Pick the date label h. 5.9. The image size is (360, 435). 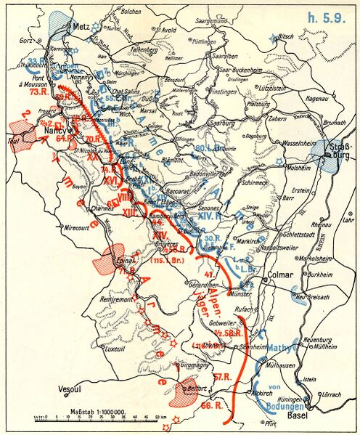[323, 15]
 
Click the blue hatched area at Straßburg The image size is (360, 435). [332, 156]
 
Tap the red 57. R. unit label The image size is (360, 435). [223, 375]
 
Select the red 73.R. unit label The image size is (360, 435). [39, 93]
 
